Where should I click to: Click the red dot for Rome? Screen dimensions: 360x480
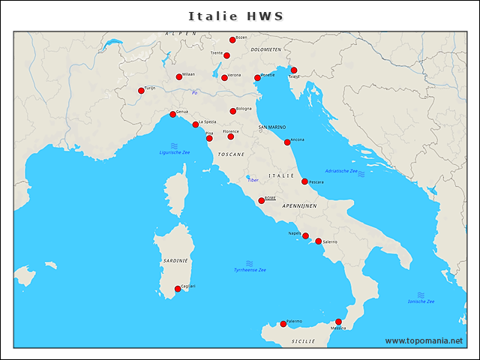261,200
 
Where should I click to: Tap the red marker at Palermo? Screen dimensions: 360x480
283,324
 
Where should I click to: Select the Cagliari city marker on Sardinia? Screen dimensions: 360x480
178,289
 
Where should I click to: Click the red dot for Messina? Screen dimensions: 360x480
338,322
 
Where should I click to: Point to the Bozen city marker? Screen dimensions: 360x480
232,40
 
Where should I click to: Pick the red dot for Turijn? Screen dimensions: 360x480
141,91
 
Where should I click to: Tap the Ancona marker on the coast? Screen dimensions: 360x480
287,142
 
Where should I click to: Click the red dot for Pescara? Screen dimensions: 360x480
304,181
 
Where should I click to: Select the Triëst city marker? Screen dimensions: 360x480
294,70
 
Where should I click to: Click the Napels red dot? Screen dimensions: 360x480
305,235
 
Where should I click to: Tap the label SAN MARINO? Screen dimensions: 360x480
272,127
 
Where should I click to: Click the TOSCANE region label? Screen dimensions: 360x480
231,154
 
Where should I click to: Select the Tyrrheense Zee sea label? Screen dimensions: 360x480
250,270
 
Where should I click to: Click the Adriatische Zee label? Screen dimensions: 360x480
341,171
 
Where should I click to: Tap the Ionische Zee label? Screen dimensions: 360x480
421,301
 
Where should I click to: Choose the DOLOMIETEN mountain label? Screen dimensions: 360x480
265,49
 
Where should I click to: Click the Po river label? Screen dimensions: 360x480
194,93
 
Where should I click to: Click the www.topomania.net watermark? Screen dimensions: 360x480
424,340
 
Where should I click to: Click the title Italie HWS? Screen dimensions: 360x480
235,16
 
